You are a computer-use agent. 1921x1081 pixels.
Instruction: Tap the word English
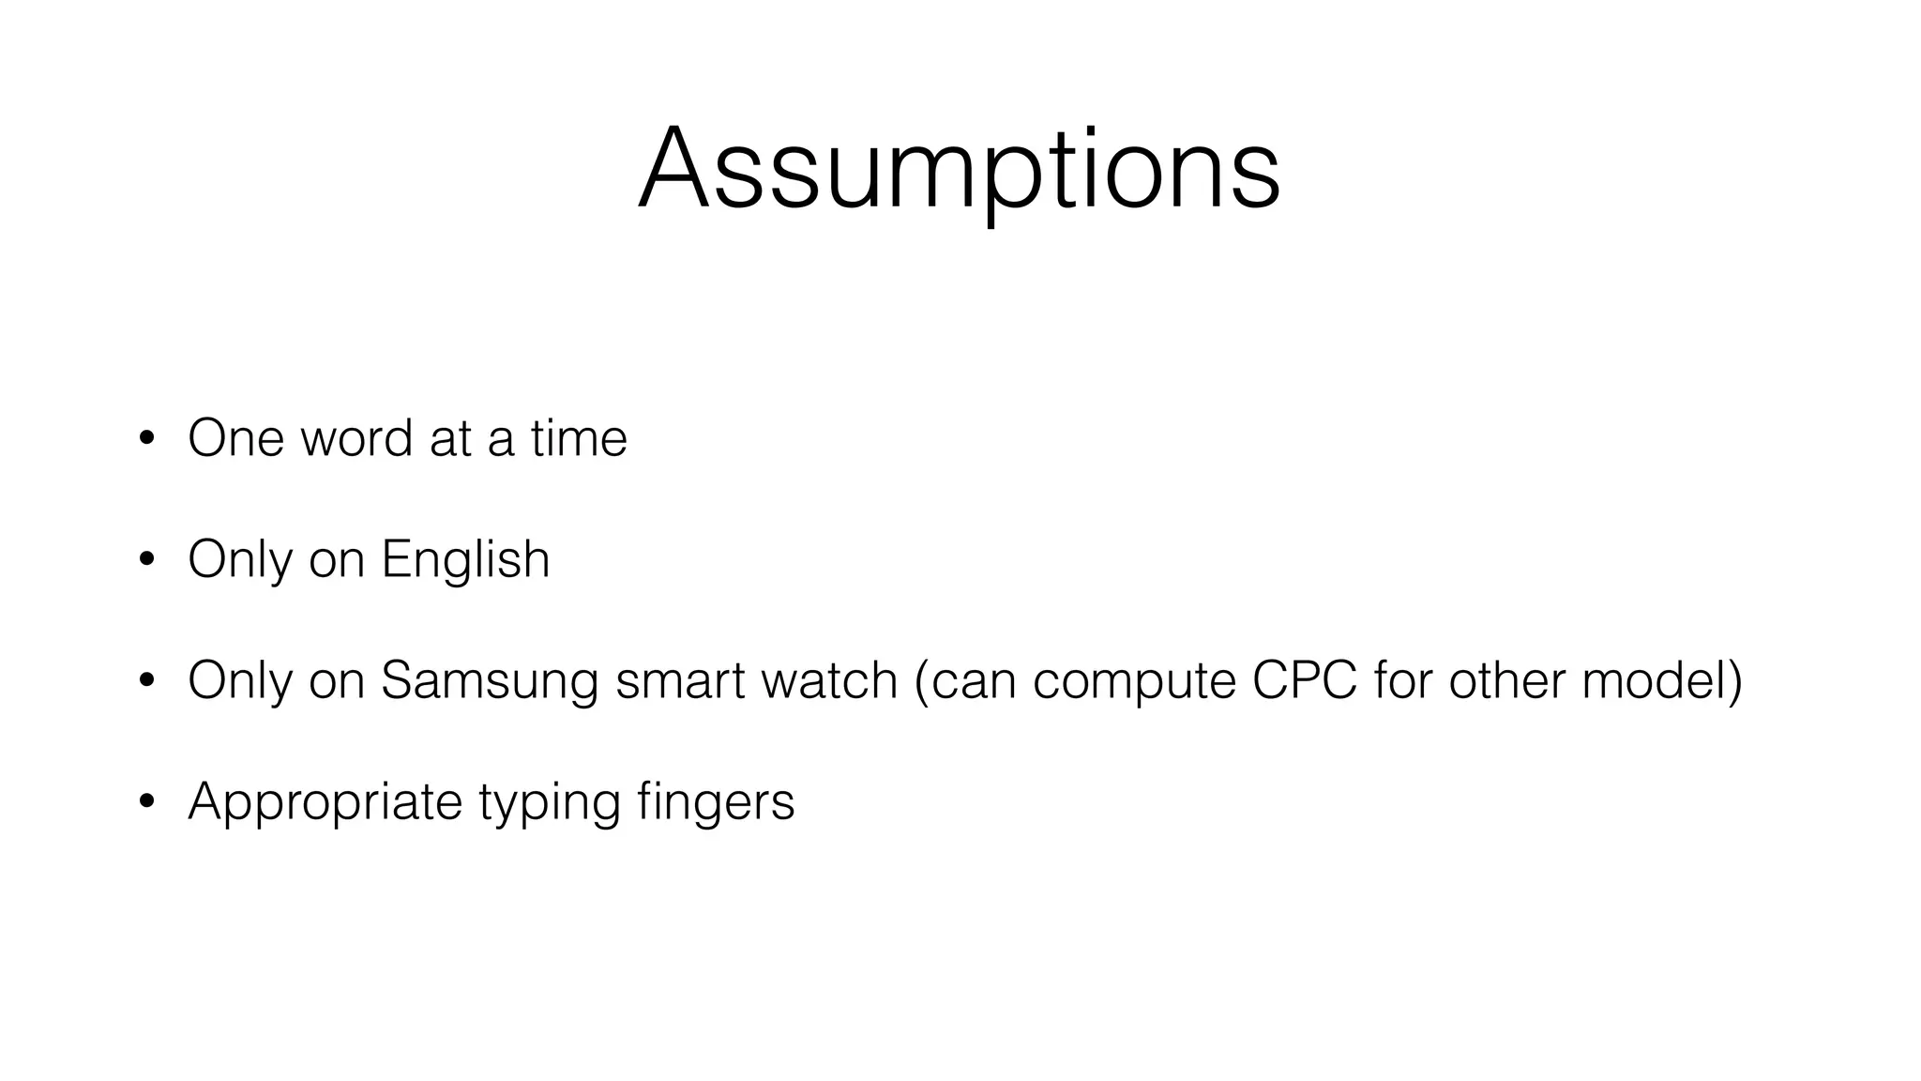pos(465,560)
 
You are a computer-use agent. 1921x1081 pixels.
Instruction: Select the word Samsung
pos(489,681)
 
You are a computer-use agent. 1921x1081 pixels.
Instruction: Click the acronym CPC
pos(1304,680)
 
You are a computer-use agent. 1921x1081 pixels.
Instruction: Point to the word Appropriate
pos(325,802)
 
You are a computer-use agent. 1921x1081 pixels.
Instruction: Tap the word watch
pos(829,680)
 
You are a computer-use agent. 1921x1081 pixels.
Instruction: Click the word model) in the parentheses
pos(1661,680)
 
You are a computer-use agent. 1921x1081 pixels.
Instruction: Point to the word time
pos(578,438)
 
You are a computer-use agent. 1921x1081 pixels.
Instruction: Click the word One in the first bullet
pos(235,438)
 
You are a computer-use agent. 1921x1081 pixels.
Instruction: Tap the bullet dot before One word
pos(145,439)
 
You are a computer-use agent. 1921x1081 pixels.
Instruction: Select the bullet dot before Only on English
pos(145,560)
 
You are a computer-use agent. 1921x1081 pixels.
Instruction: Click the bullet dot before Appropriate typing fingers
pos(145,802)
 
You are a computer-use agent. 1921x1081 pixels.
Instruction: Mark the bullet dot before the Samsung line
pos(145,681)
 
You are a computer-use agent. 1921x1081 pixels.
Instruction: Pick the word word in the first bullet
pos(355,438)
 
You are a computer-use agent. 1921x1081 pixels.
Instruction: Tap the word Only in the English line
pos(239,560)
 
